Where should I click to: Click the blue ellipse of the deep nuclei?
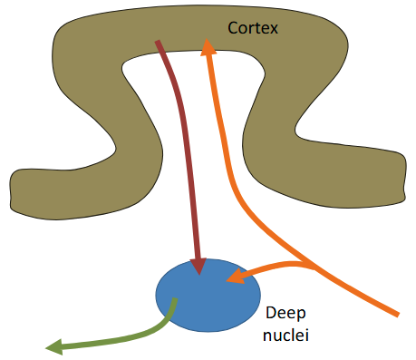pos(207,296)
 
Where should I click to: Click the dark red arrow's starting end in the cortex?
pos(160,42)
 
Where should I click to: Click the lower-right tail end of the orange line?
pos(396,315)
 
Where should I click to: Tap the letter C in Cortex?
pos(232,30)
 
